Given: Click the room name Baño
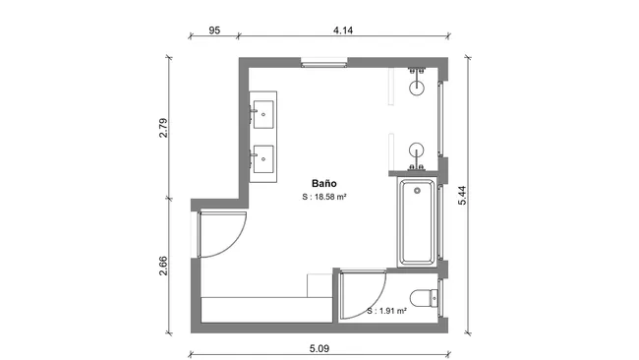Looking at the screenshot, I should (x=324, y=183).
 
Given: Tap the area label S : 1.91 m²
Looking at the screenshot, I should (x=385, y=311).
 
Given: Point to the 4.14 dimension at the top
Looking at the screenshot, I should (x=343, y=31).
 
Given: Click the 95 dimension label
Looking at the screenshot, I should (x=214, y=31).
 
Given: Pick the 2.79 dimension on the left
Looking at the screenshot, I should (x=164, y=130).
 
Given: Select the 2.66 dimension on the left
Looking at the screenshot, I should (x=164, y=268).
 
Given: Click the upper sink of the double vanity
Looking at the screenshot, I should (x=264, y=111).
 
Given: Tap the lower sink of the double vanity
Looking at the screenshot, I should (x=264, y=154).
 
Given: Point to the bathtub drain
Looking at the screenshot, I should (x=417, y=190).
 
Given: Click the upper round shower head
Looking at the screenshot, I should (x=418, y=88).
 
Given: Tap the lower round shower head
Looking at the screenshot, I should (x=418, y=150).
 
